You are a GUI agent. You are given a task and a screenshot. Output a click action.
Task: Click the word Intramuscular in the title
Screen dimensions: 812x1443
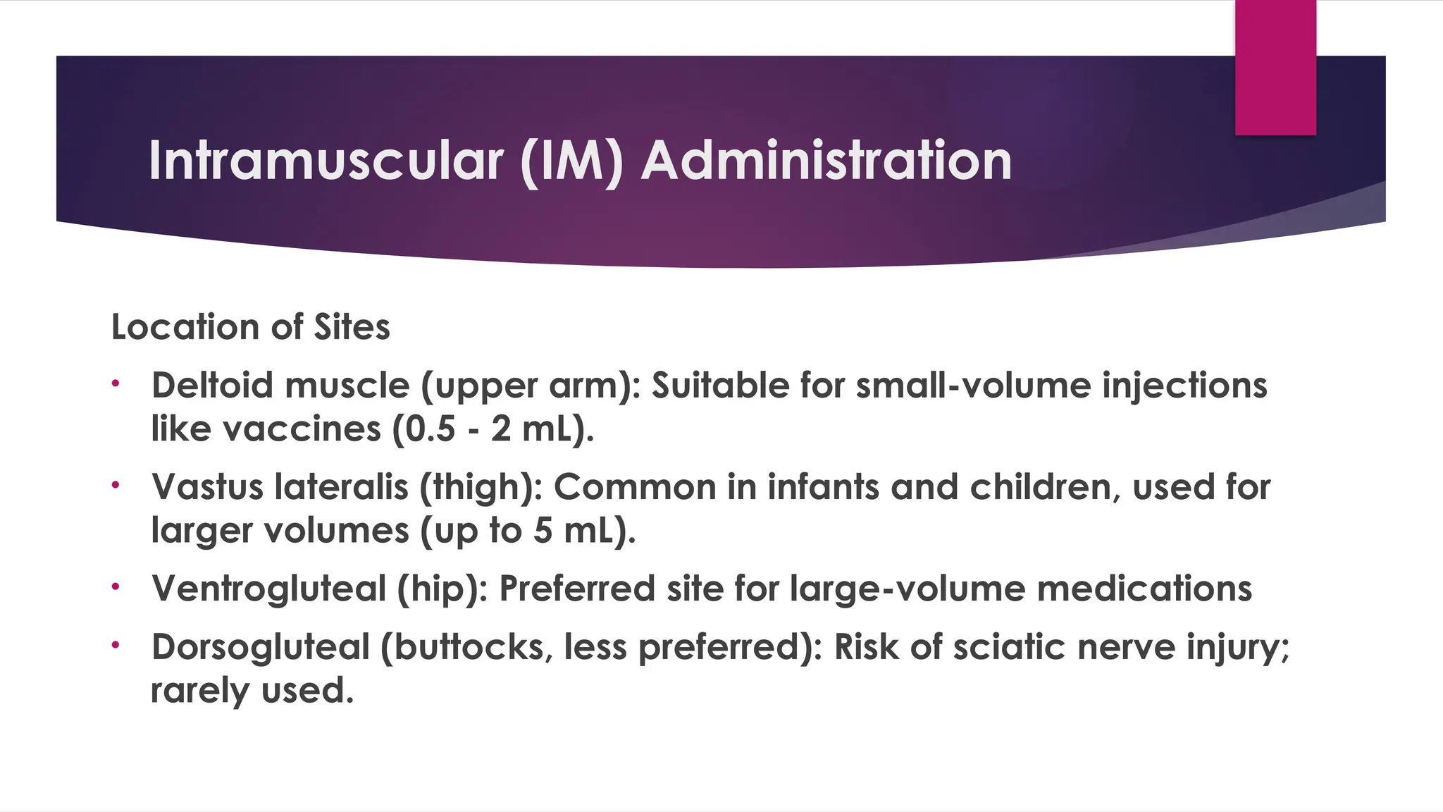click(x=326, y=161)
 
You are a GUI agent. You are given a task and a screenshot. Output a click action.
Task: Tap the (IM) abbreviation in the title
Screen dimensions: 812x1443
click(x=571, y=161)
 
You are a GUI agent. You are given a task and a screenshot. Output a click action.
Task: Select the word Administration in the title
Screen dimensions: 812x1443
click(x=826, y=161)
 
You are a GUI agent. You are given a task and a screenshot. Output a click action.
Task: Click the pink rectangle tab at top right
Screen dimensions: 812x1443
click(x=1275, y=67)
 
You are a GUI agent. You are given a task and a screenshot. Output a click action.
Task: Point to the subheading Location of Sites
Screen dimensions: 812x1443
click(x=250, y=327)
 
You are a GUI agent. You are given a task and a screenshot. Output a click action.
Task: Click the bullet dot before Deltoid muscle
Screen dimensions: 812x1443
click(x=116, y=384)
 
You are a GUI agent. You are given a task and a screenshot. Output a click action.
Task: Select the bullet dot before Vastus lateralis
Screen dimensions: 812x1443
click(x=116, y=486)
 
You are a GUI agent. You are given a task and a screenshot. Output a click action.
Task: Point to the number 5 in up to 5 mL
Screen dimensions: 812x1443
click(x=543, y=531)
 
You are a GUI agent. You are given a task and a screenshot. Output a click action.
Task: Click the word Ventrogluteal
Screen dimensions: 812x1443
click(x=268, y=589)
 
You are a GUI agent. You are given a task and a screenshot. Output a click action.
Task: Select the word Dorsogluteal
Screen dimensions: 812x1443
click(x=260, y=647)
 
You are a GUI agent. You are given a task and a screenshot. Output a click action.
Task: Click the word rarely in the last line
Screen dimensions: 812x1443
click(x=199, y=691)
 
